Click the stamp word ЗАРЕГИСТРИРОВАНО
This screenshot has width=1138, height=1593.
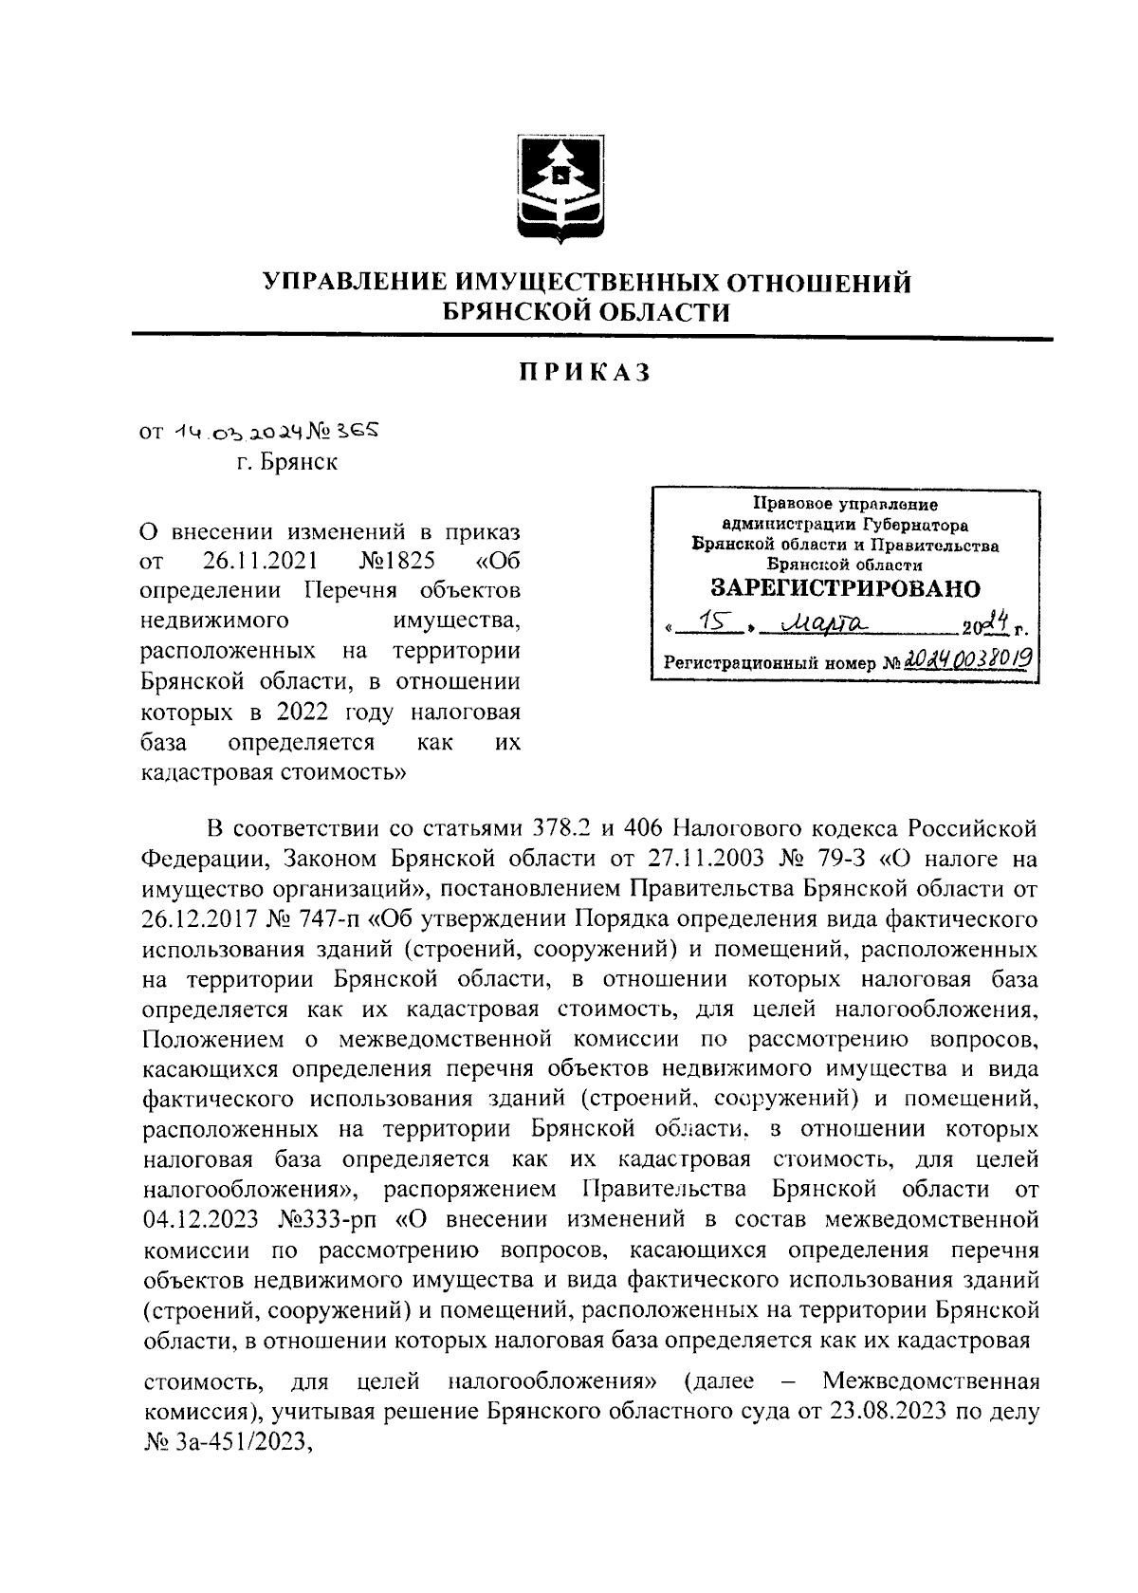[845, 587]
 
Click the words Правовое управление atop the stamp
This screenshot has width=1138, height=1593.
[844, 506]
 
